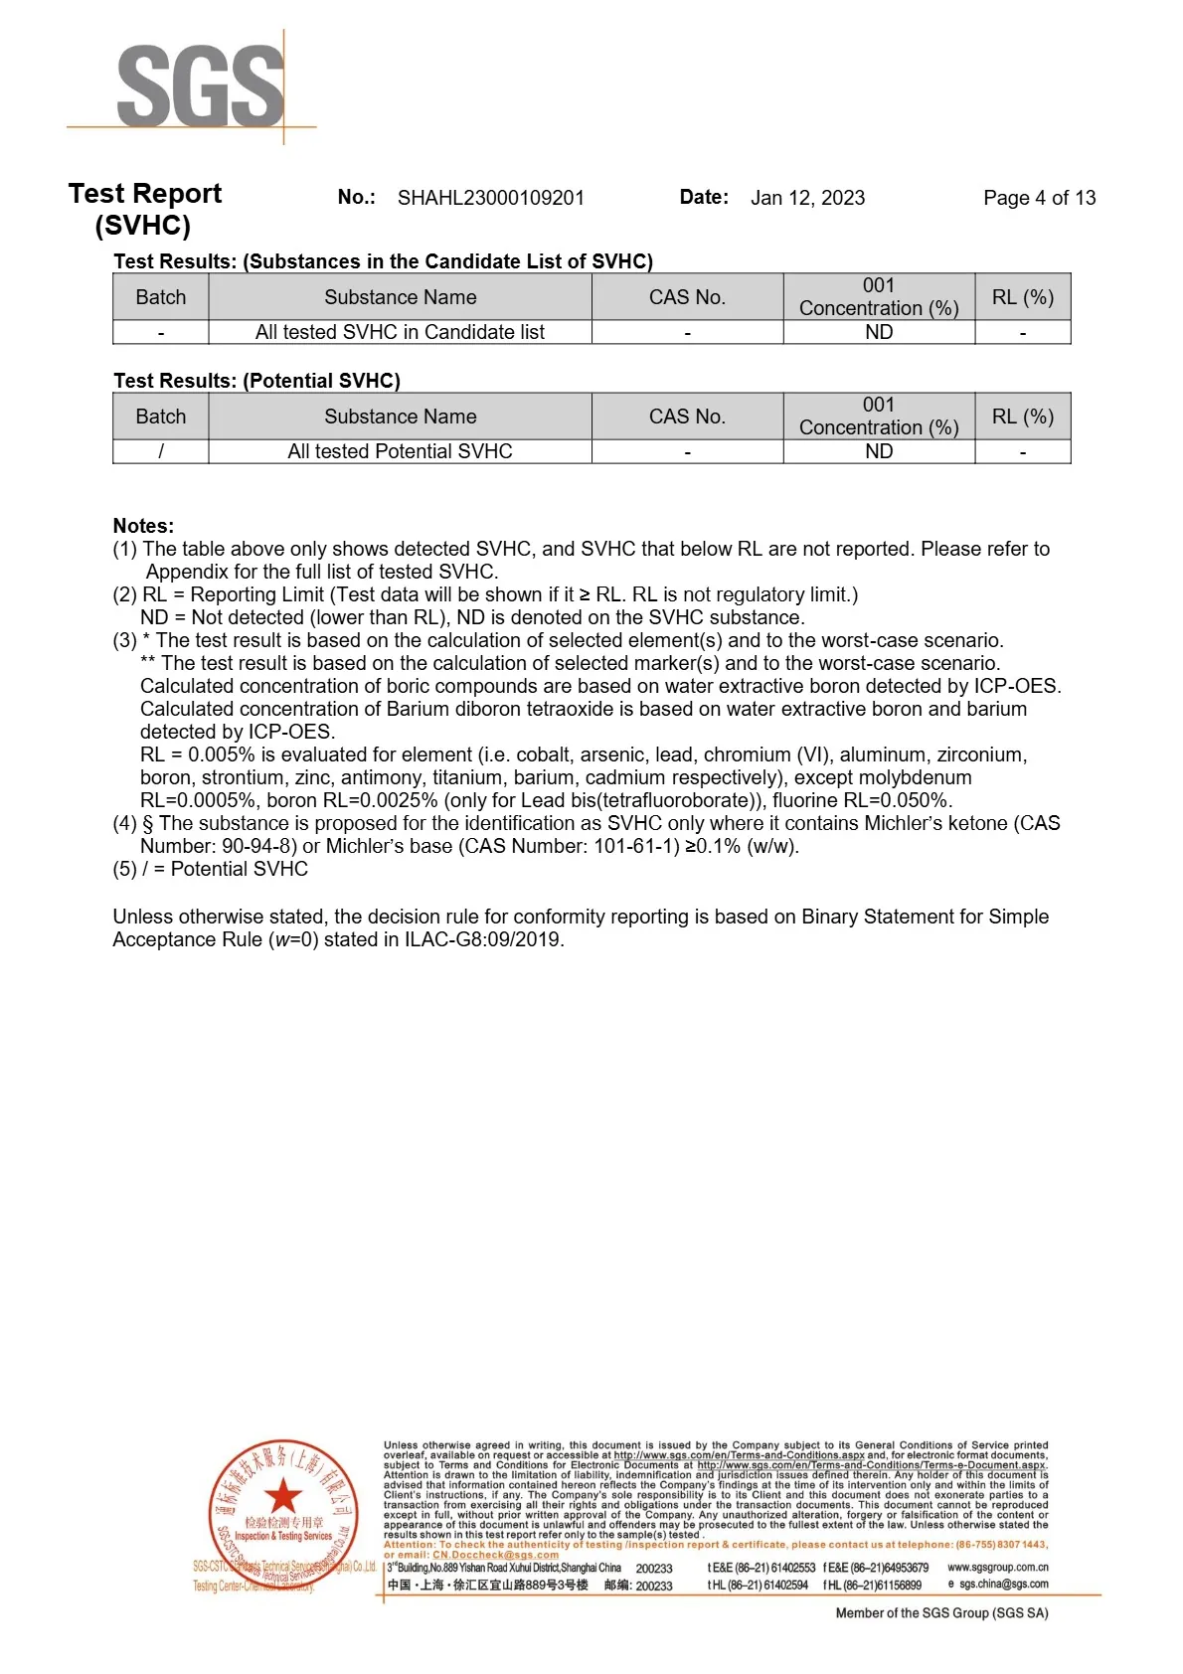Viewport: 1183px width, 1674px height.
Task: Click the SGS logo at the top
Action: click(200, 87)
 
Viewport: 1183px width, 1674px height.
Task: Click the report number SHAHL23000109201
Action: click(490, 198)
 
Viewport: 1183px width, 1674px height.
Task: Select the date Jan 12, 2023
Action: click(807, 198)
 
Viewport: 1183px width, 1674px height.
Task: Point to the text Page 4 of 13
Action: click(1039, 198)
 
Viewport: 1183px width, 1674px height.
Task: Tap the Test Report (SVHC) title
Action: click(144, 209)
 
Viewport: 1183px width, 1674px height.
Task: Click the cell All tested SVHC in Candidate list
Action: click(400, 332)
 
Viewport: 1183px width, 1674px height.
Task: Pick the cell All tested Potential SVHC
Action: click(400, 451)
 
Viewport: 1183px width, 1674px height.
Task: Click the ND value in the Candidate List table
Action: click(879, 332)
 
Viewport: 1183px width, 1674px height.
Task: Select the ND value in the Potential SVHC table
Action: click(879, 451)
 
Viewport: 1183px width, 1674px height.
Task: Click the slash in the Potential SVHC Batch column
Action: click(161, 451)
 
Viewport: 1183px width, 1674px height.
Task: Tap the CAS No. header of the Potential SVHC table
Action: click(687, 417)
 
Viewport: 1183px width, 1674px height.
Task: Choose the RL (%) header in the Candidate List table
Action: click(1022, 297)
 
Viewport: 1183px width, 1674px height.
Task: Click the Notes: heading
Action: click(143, 526)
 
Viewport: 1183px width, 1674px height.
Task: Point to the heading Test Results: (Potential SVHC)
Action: click(256, 381)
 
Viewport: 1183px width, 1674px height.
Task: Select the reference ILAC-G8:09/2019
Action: click(483, 939)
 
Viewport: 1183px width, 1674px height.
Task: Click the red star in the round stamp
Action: click(282, 1496)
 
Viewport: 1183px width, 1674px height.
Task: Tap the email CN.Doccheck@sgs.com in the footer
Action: click(495, 1555)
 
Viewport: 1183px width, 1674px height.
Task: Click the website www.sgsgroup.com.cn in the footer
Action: click(997, 1567)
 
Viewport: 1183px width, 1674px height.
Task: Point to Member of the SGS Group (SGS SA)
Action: click(941, 1612)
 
